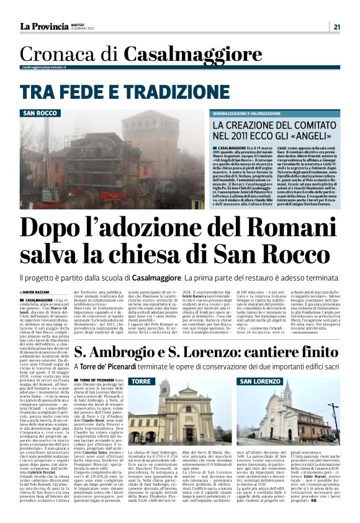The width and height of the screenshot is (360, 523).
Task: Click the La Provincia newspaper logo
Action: [x=44, y=26]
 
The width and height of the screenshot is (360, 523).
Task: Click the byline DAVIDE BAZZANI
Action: [x=41, y=291]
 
